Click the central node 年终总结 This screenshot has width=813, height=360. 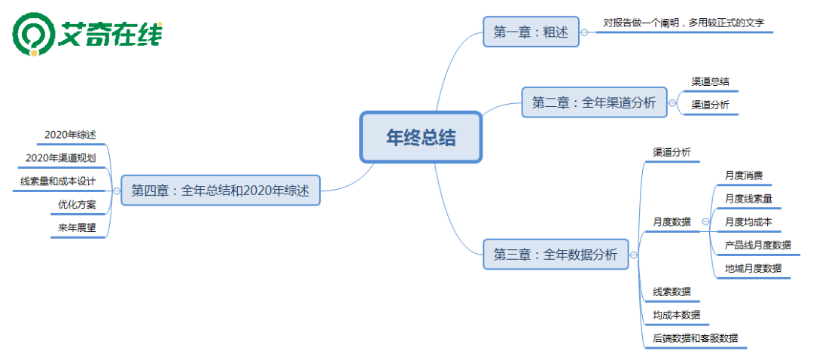point(421,137)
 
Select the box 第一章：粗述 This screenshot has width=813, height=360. point(531,32)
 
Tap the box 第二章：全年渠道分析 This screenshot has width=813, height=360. point(594,102)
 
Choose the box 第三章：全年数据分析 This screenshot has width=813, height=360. point(556,255)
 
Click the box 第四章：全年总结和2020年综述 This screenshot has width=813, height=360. point(220,191)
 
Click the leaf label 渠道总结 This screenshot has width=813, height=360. point(710,81)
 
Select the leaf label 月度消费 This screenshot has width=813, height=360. point(744,175)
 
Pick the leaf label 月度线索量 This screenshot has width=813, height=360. point(748,199)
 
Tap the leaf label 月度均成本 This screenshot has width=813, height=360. point(748,222)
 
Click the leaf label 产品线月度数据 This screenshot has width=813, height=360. point(757,245)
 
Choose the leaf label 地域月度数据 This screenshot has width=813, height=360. point(753,268)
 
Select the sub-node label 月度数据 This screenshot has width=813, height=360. point(671,222)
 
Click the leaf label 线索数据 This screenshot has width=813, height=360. point(671,291)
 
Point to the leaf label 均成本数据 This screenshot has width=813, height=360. point(676,315)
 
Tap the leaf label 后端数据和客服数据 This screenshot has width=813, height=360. point(695,338)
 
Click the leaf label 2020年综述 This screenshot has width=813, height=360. point(70,135)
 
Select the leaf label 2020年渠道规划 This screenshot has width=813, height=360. point(60,158)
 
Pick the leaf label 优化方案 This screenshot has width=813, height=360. point(77,204)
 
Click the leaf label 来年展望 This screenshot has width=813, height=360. point(77,227)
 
